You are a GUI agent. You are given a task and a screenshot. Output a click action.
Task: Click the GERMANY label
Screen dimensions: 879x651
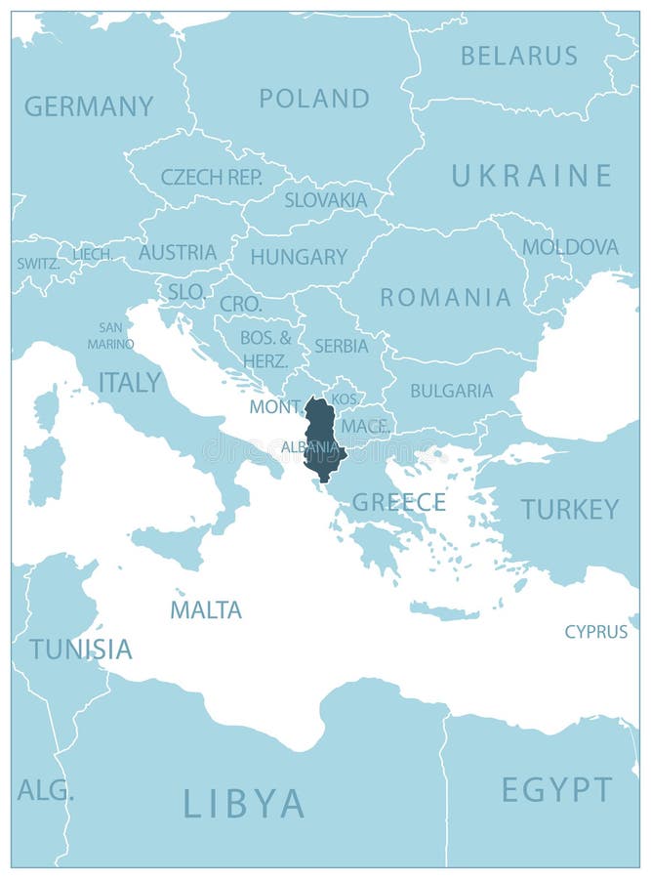click(89, 106)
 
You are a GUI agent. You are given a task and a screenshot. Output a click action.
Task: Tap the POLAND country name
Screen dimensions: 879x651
click(314, 99)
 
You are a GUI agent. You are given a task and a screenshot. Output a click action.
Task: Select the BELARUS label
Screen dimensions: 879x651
click(520, 56)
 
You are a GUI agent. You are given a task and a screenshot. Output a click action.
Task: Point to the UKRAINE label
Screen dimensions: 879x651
click(531, 176)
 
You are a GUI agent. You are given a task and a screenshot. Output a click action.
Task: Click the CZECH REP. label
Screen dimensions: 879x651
click(212, 178)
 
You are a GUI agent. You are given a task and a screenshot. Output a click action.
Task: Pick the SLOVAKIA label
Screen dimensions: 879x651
click(326, 200)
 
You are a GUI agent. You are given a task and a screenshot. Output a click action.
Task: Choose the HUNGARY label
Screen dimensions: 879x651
click(299, 257)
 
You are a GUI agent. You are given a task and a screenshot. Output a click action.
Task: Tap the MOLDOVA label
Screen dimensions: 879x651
click(570, 247)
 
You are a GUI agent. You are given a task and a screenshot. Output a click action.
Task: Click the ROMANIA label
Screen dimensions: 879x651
click(445, 297)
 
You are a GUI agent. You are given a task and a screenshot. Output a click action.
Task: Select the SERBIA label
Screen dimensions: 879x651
click(342, 346)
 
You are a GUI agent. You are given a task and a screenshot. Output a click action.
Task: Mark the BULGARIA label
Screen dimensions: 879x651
click(451, 391)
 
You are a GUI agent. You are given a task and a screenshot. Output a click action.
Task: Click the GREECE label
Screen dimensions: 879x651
click(398, 502)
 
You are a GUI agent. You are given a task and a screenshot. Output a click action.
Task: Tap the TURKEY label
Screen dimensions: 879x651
click(570, 509)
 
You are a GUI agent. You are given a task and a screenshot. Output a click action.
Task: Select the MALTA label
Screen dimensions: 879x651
click(206, 610)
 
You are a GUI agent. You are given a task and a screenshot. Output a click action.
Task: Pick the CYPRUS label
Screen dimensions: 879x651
click(595, 632)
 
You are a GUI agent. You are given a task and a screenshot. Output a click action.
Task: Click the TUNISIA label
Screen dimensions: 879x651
click(80, 649)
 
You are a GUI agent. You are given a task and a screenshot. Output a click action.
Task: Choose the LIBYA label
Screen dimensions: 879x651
click(244, 803)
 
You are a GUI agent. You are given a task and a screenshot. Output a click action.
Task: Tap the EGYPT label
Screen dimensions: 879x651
click(557, 789)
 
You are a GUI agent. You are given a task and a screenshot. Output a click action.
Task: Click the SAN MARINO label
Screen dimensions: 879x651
click(110, 336)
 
